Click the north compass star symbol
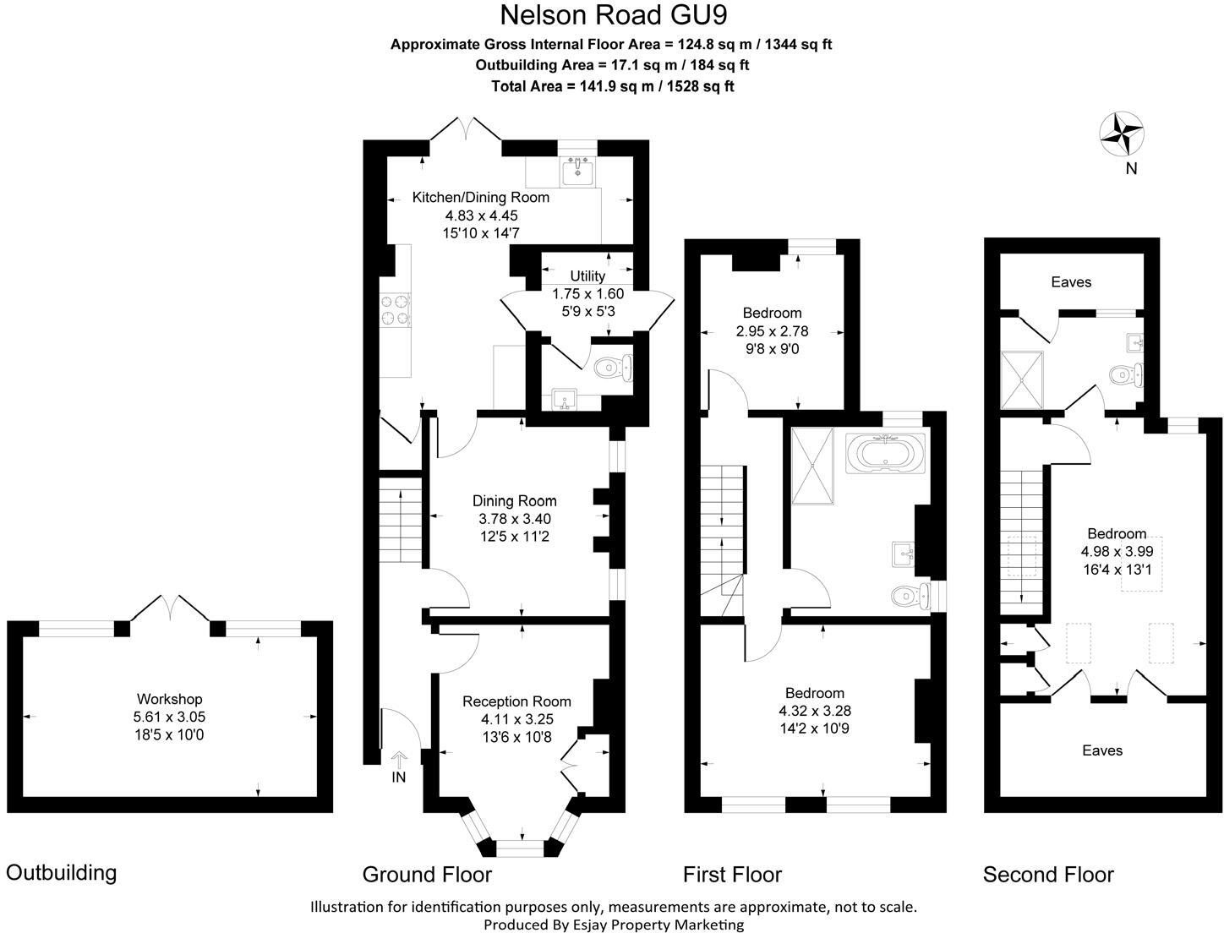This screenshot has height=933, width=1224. click(x=1122, y=134)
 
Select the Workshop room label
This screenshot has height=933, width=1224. click(x=169, y=699)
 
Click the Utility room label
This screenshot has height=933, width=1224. click(x=587, y=276)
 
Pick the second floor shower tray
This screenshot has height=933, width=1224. click(x=1023, y=379)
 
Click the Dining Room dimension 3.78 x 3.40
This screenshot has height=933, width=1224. click(x=515, y=519)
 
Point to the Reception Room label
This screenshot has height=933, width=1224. click(x=516, y=701)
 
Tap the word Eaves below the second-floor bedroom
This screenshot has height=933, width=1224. click(x=1102, y=750)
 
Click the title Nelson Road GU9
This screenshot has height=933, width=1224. click(x=613, y=15)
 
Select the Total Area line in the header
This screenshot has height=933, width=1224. click(x=613, y=86)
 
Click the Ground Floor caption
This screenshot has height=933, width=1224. click(x=427, y=874)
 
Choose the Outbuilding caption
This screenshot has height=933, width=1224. click(x=61, y=872)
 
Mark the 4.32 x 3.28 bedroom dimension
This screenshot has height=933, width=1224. click(x=814, y=711)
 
